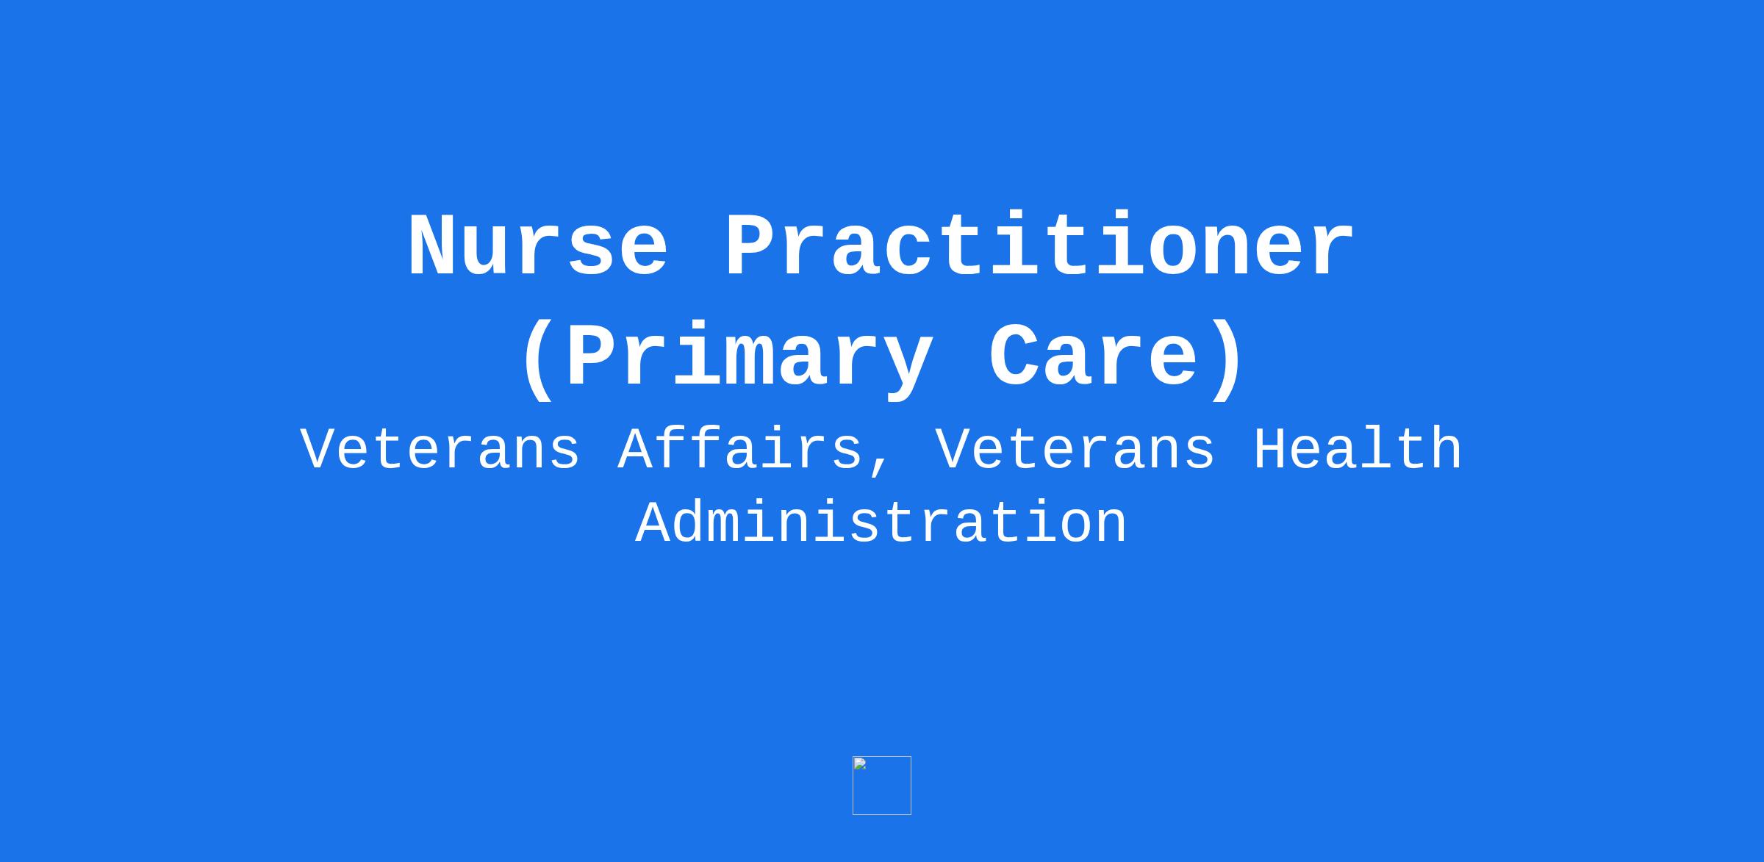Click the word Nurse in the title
[x=539, y=246]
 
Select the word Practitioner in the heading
[x=1040, y=246]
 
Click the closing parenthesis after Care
[x=1226, y=360]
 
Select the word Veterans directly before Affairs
[x=440, y=449]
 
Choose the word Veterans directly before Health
[x=1075, y=449]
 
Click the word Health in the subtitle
[x=1358, y=449]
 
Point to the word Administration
[x=881, y=522]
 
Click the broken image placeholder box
[x=882, y=786]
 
